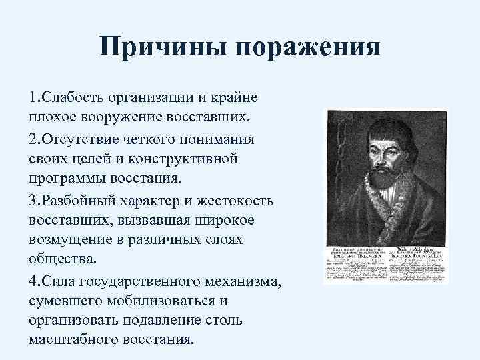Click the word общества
point(61,259)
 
